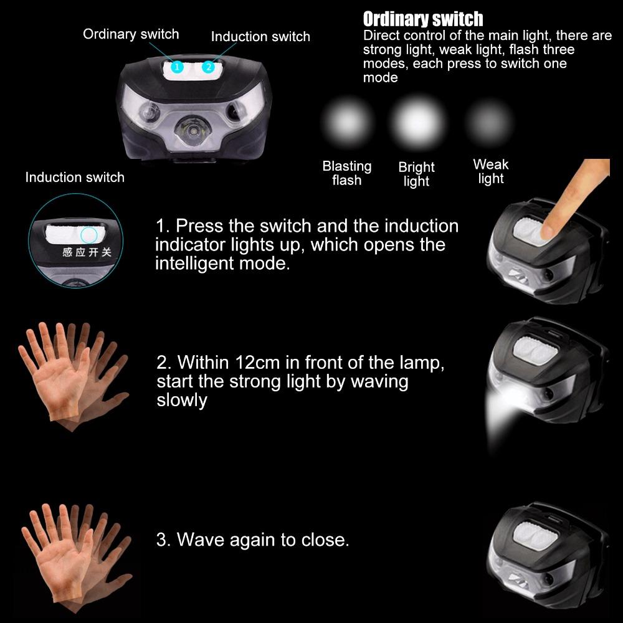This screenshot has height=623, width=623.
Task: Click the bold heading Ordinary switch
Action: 423,19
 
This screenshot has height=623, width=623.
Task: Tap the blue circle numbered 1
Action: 178,66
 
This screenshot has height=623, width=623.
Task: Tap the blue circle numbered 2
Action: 208,66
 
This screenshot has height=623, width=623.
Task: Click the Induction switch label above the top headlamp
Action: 260,36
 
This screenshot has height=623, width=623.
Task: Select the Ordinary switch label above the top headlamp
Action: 131,34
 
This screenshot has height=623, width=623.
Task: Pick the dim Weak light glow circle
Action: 490,120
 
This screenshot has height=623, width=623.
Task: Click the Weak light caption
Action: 491,171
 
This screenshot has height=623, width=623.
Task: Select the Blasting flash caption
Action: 347,173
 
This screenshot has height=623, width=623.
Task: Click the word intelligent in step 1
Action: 199,263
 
